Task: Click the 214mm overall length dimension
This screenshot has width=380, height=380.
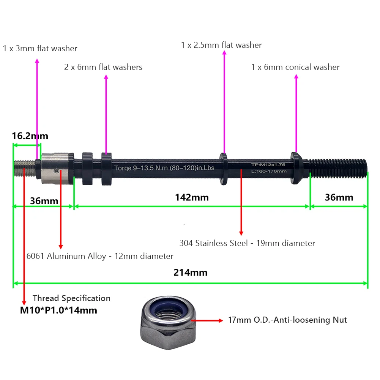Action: [x=190, y=272]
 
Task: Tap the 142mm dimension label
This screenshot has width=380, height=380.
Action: [x=192, y=197]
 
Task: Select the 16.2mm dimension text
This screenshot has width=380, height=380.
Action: [x=30, y=136]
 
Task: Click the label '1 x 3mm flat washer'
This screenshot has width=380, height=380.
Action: [x=40, y=49]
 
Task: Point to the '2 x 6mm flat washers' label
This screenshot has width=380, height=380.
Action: [x=103, y=67]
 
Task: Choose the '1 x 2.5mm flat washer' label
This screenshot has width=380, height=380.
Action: [x=221, y=45]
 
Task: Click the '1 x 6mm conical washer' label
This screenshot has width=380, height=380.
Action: [x=295, y=67]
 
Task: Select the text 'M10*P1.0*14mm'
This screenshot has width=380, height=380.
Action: [x=58, y=310]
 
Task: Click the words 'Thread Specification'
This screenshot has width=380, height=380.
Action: [x=71, y=298]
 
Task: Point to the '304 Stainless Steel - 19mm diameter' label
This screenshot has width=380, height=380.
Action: [x=247, y=243]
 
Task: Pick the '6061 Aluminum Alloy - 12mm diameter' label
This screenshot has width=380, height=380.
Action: [x=100, y=256]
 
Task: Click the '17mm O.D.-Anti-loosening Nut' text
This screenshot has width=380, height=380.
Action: [x=287, y=320]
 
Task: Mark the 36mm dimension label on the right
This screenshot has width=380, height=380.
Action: [x=339, y=197]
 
